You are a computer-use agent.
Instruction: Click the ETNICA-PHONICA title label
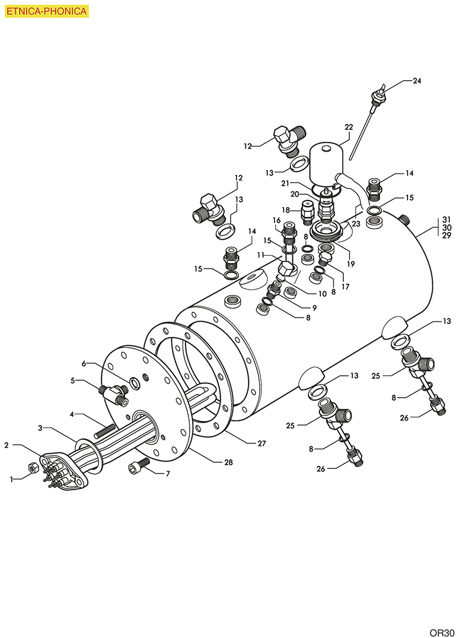coord(46,11)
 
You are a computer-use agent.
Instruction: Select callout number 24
coord(417,81)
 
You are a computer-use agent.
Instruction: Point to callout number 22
coord(349,126)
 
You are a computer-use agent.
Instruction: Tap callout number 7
coord(168,474)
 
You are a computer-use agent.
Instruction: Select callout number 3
coord(40,427)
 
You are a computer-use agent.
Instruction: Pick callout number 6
coord(84,363)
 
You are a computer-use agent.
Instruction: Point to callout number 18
coord(286,210)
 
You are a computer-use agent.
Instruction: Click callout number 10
coord(307,293)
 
